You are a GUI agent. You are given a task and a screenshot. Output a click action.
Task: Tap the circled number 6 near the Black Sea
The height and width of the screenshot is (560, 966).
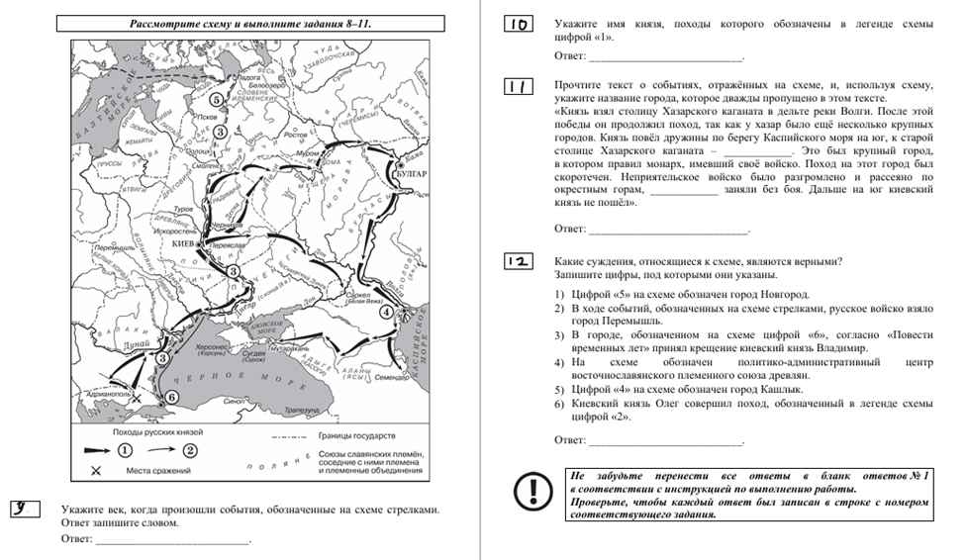[171, 397]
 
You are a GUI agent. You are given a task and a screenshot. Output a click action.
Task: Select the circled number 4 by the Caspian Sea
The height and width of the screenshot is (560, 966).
[385, 313]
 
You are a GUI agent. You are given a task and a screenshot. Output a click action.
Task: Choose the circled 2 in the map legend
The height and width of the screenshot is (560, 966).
[190, 450]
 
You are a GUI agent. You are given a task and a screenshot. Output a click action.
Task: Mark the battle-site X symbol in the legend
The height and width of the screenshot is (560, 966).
[97, 470]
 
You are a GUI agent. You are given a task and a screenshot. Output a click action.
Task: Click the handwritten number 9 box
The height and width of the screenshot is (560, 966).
[27, 510]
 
